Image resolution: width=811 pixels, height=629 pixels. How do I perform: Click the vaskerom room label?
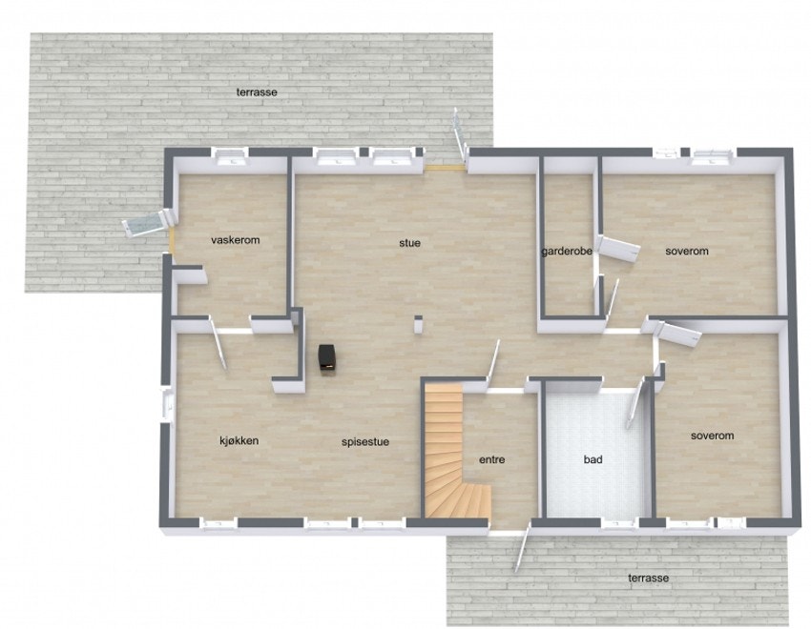[x=235, y=240]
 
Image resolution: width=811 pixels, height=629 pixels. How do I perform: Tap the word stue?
[x=409, y=243]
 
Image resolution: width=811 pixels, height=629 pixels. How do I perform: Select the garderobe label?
[x=567, y=253]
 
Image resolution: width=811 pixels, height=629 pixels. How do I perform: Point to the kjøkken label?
[x=239, y=440]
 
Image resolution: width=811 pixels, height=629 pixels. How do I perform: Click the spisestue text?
[x=365, y=442]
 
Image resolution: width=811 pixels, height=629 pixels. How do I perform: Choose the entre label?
[x=491, y=459]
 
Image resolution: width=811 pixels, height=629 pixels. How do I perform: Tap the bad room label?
[x=593, y=459]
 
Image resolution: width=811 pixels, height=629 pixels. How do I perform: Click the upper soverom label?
[x=687, y=252]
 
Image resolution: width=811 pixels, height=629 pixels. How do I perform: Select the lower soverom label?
[x=713, y=436]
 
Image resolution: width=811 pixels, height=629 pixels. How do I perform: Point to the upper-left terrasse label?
[x=257, y=91]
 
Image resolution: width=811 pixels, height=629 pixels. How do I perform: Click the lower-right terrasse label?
[x=649, y=578]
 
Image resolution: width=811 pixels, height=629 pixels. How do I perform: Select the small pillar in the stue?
[x=418, y=324]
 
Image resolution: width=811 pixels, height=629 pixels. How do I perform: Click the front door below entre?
[x=520, y=550]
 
